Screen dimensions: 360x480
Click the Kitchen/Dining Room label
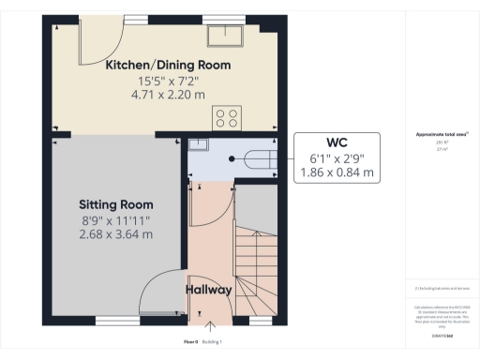tap(168, 66)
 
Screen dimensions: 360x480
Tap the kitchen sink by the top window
tap(226, 36)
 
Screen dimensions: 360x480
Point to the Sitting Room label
tap(116, 203)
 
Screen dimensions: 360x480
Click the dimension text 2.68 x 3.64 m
tap(116, 233)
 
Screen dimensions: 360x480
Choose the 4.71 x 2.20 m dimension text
tap(168, 95)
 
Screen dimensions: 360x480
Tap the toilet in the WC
tap(259, 159)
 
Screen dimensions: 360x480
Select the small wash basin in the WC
tap(198, 145)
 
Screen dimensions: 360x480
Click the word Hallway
tap(208, 290)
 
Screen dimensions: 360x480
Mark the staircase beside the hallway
tap(253, 267)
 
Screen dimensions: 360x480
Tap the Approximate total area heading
tap(442, 134)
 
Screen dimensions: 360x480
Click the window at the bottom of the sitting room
tap(115, 320)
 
